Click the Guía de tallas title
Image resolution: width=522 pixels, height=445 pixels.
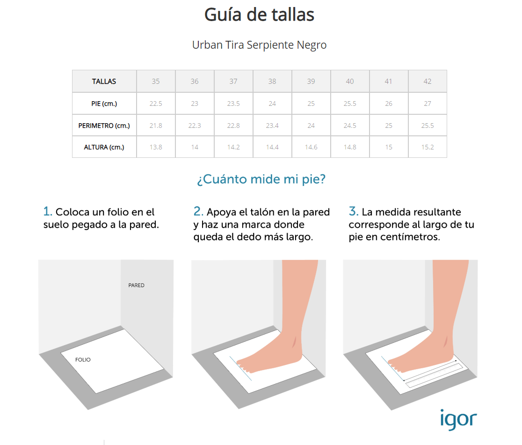259,15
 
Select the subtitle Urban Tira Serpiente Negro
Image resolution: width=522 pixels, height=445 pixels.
259,45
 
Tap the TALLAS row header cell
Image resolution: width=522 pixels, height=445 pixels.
104,82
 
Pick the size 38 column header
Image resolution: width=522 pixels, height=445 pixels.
272,82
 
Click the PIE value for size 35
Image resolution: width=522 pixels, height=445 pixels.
156,104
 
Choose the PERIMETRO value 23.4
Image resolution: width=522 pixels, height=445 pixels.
272,126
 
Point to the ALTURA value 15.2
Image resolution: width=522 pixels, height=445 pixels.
428,148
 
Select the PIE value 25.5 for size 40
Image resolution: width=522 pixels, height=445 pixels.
350,104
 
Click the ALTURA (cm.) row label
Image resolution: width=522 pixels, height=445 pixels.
104,148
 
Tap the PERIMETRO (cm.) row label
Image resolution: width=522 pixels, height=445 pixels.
104,126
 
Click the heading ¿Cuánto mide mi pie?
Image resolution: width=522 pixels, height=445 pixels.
261,179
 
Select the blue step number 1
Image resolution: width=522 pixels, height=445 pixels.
48,211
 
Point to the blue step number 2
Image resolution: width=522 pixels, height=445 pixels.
198,211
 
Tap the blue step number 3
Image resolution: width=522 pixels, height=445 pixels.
354,211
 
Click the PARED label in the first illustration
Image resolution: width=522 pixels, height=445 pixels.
137,285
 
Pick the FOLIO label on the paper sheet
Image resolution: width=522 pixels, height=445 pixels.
83,360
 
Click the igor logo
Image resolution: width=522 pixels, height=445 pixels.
458,420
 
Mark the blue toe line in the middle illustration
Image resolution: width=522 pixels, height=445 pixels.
240,369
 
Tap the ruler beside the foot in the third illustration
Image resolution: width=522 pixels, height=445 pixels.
434,376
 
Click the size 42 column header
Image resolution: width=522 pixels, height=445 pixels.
428,82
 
